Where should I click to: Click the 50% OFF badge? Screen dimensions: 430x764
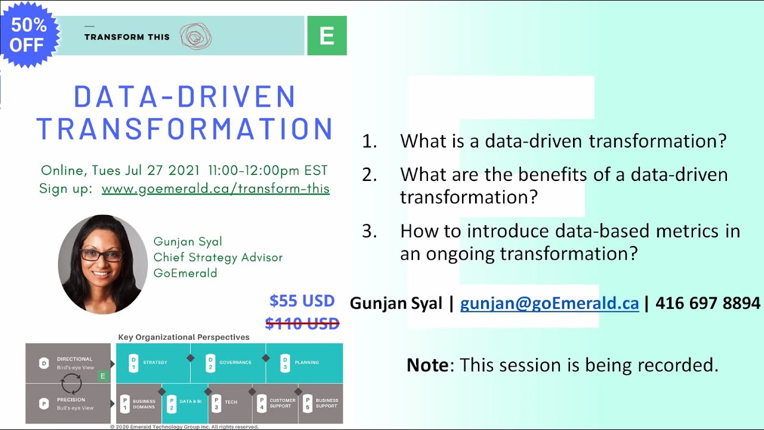(x=28, y=34)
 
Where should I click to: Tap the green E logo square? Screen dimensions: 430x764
(x=326, y=36)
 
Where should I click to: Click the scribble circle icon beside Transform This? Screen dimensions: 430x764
(x=195, y=36)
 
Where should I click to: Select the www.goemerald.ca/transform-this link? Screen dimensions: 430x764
(x=215, y=189)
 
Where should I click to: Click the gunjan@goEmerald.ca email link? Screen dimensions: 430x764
(x=549, y=303)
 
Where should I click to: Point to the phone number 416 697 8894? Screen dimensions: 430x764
(x=708, y=303)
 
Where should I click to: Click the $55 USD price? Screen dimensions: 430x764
(x=301, y=300)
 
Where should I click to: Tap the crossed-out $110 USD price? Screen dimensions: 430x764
(x=302, y=324)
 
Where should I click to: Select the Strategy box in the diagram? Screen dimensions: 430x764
(x=153, y=363)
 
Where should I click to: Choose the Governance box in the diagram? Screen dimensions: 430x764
(x=229, y=363)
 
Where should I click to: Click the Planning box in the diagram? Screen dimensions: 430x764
(x=304, y=363)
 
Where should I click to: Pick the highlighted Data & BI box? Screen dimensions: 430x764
(x=184, y=403)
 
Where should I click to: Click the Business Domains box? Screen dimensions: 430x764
(x=138, y=403)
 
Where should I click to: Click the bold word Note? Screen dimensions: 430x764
(x=427, y=365)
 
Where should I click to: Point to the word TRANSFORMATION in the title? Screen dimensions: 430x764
(x=184, y=129)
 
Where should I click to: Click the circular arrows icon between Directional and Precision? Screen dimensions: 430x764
(x=72, y=383)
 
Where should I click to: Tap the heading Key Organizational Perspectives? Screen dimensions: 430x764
(x=184, y=337)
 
